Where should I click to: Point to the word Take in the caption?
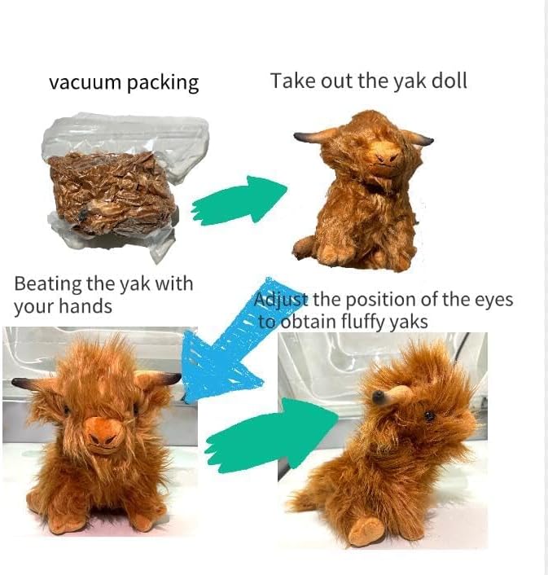[x=289, y=81]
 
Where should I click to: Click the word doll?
[x=449, y=81]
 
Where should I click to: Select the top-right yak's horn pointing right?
[x=419, y=139]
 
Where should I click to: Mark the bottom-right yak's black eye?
[x=430, y=415]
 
